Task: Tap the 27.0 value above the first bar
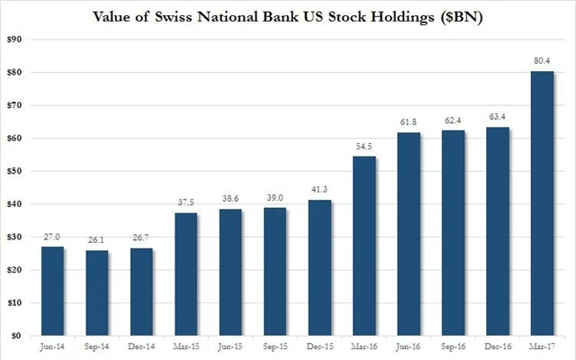52,238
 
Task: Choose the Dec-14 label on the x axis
141,347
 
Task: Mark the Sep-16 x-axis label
454,347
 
